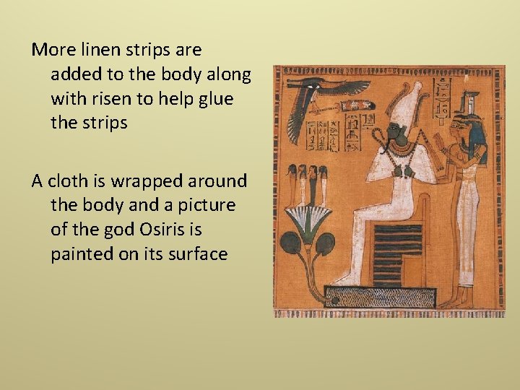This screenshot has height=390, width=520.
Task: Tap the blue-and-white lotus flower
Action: click(306, 217)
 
